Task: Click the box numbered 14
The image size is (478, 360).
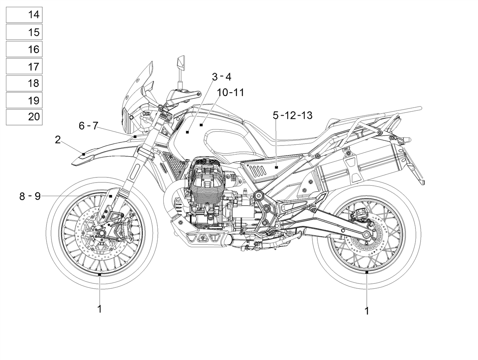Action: [24, 15]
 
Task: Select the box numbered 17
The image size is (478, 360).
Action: [24, 66]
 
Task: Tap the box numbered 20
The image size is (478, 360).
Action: [24, 117]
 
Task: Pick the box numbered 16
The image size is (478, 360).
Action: [24, 49]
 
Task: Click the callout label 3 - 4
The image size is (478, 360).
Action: [221, 77]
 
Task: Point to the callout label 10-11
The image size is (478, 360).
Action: [230, 92]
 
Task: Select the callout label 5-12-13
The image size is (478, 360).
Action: [292, 115]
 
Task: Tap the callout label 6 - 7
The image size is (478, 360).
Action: [88, 126]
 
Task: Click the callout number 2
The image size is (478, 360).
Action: [57, 140]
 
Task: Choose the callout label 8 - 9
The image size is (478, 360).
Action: [30, 196]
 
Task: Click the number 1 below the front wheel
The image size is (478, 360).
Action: [100, 309]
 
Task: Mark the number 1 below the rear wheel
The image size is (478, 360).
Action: [367, 311]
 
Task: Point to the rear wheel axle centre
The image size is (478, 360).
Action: [366, 234]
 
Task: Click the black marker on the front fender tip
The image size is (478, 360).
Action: [84, 154]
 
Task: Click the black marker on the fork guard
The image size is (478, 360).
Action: [111, 196]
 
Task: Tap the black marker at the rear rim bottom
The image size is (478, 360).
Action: [367, 272]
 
